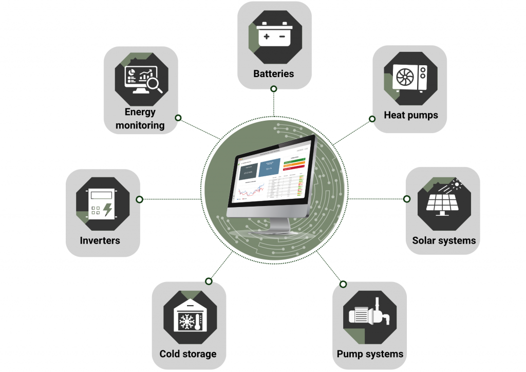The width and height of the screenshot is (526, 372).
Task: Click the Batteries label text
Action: pos(274,73)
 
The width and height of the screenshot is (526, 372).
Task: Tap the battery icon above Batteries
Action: pos(274,36)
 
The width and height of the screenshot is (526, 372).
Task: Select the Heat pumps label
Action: pos(411,115)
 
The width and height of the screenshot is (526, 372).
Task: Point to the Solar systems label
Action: pos(444,240)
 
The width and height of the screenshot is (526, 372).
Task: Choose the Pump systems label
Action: pos(370,354)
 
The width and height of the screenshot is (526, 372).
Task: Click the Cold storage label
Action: pos(188,354)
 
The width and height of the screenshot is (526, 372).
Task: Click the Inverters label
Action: pos(100,240)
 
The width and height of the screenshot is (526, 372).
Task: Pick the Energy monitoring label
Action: pos(140,119)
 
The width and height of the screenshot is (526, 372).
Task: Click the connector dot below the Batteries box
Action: pos(274,89)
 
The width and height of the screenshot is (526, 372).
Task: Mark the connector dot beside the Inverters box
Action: pos(139,199)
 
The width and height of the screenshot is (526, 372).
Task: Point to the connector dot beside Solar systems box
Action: pos(407,199)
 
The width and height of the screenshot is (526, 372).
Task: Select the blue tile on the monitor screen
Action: pos(269,167)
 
